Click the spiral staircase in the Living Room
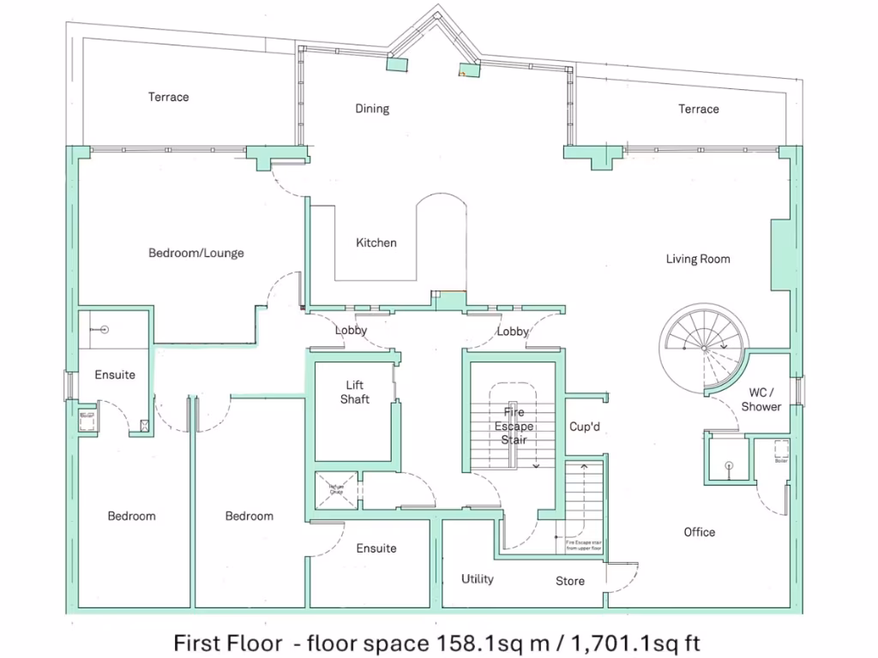tap(701, 346)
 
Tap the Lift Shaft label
tap(355, 392)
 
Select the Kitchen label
tap(376, 242)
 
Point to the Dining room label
tap(372, 109)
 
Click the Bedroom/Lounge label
tap(196, 253)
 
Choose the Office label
tap(700, 532)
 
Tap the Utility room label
tap(478, 579)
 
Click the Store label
tap(570, 581)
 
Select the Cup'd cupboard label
tap(584, 427)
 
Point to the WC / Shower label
tap(761, 400)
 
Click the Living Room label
tap(698, 259)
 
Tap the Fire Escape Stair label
tap(514, 426)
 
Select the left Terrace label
tap(168, 97)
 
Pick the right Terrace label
tap(699, 109)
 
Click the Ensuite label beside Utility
tap(376, 548)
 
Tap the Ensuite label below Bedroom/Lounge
tap(115, 374)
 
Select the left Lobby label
tap(351, 330)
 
